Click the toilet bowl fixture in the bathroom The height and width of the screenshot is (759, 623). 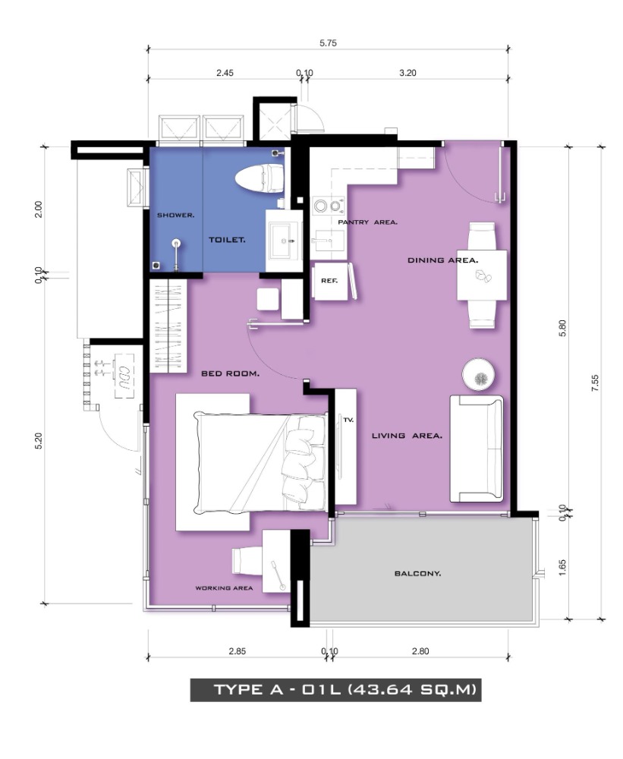point(260,178)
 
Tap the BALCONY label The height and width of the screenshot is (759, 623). point(418,574)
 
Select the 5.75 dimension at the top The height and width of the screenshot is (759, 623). point(328,43)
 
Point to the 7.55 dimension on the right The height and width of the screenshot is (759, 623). point(596,383)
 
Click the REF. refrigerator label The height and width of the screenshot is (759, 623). point(329,281)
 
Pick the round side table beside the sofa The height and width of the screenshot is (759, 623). point(479,374)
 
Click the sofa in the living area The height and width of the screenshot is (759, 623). point(477,449)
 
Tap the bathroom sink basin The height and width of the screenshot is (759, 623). point(284,240)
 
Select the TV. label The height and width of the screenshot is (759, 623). point(348,420)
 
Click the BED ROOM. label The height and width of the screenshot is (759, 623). point(231,373)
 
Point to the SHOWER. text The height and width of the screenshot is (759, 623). point(176,215)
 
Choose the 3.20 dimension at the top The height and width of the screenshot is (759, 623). point(407,73)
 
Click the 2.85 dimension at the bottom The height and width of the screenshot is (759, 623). point(238,651)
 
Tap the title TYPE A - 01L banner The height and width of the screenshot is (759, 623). point(335,689)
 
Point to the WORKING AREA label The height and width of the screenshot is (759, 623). point(224,588)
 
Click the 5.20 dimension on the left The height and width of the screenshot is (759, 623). point(39,440)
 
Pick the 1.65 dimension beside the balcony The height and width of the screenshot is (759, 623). point(562,567)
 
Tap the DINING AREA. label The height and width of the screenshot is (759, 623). point(443,260)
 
